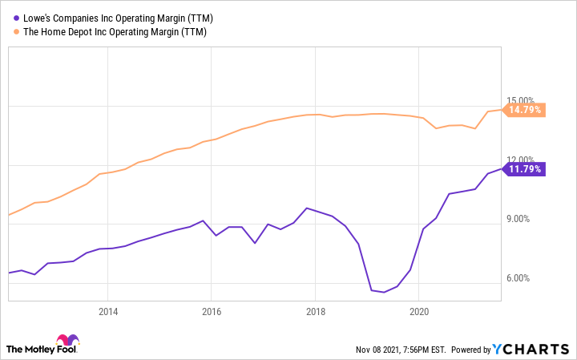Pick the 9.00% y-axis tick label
point(525,219)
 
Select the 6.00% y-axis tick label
point(525,278)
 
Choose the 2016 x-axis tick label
point(211,311)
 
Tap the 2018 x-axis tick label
point(315,311)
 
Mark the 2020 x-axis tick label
point(418,311)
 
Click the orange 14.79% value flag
point(526,110)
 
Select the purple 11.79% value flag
point(526,169)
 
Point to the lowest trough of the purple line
point(383,292)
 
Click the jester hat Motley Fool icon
point(69,342)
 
